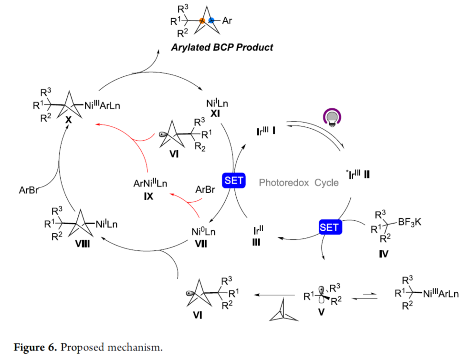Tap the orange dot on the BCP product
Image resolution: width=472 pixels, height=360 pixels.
click(x=202, y=21)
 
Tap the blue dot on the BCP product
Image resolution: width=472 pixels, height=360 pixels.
click(x=212, y=21)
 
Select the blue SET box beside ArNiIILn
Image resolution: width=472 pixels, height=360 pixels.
click(x=233, y=181)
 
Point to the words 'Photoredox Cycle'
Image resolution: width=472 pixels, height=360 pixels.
click(x=299, y=183)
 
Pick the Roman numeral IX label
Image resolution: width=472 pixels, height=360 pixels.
click(x=149, y=195)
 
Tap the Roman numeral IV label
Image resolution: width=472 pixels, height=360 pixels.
click(x=383, y=253)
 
